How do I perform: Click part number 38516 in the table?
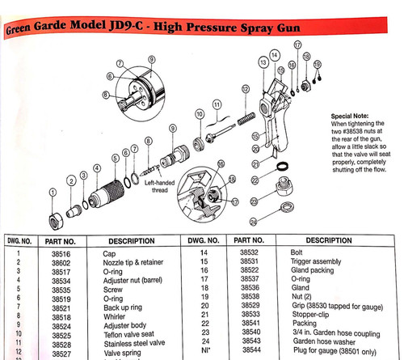click(x=65, y=252)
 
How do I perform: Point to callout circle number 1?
click(x=53, y=192)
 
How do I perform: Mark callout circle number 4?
click(x=98, y=169)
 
